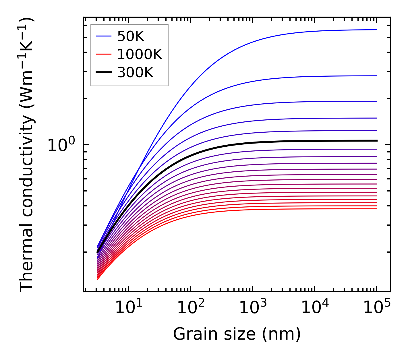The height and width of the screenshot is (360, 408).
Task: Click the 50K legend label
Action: tap(131, 36)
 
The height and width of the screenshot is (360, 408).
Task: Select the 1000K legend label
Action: tap(140, 54)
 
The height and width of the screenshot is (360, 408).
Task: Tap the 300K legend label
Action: tap(135, 73)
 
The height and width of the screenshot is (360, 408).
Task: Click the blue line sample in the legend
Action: tap(103, 36)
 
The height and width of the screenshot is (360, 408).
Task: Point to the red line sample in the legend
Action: tap(103, 54)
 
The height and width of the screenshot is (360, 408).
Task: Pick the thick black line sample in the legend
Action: tap(103, 73)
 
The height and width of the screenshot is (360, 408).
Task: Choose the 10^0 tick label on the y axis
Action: tap(61, 145)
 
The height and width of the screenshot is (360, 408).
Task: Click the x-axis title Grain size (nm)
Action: tap(237, 334)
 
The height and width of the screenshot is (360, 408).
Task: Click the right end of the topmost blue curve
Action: tap(376, 30)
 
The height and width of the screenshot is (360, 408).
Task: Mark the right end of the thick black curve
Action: tap(376, 141)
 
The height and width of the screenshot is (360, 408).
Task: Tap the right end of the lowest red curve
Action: tap(376, 209)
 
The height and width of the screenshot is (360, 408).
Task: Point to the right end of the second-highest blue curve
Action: tap(376, 76)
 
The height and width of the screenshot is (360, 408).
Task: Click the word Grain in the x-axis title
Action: tap(191, 334)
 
